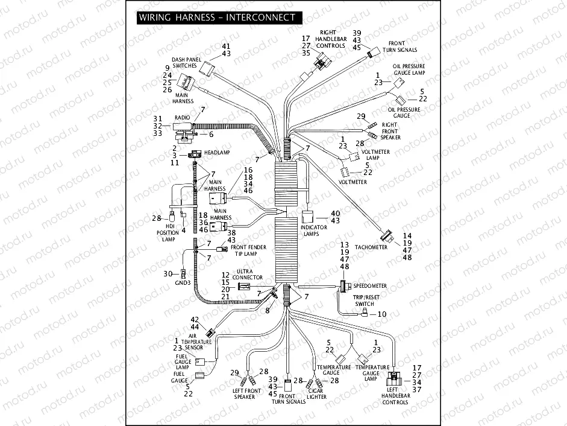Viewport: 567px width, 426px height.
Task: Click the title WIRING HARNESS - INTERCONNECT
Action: click(x=217, y=17)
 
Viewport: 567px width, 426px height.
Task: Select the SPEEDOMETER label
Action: click(x=370, y=285)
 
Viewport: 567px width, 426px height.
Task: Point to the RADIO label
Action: click(x=182, y=118)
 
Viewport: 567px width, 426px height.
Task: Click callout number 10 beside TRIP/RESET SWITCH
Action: click(x=382, y=314)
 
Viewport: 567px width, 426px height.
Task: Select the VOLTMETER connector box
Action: click(x=346, y=170)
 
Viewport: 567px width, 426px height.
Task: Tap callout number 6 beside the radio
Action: click(x=211, y=133)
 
